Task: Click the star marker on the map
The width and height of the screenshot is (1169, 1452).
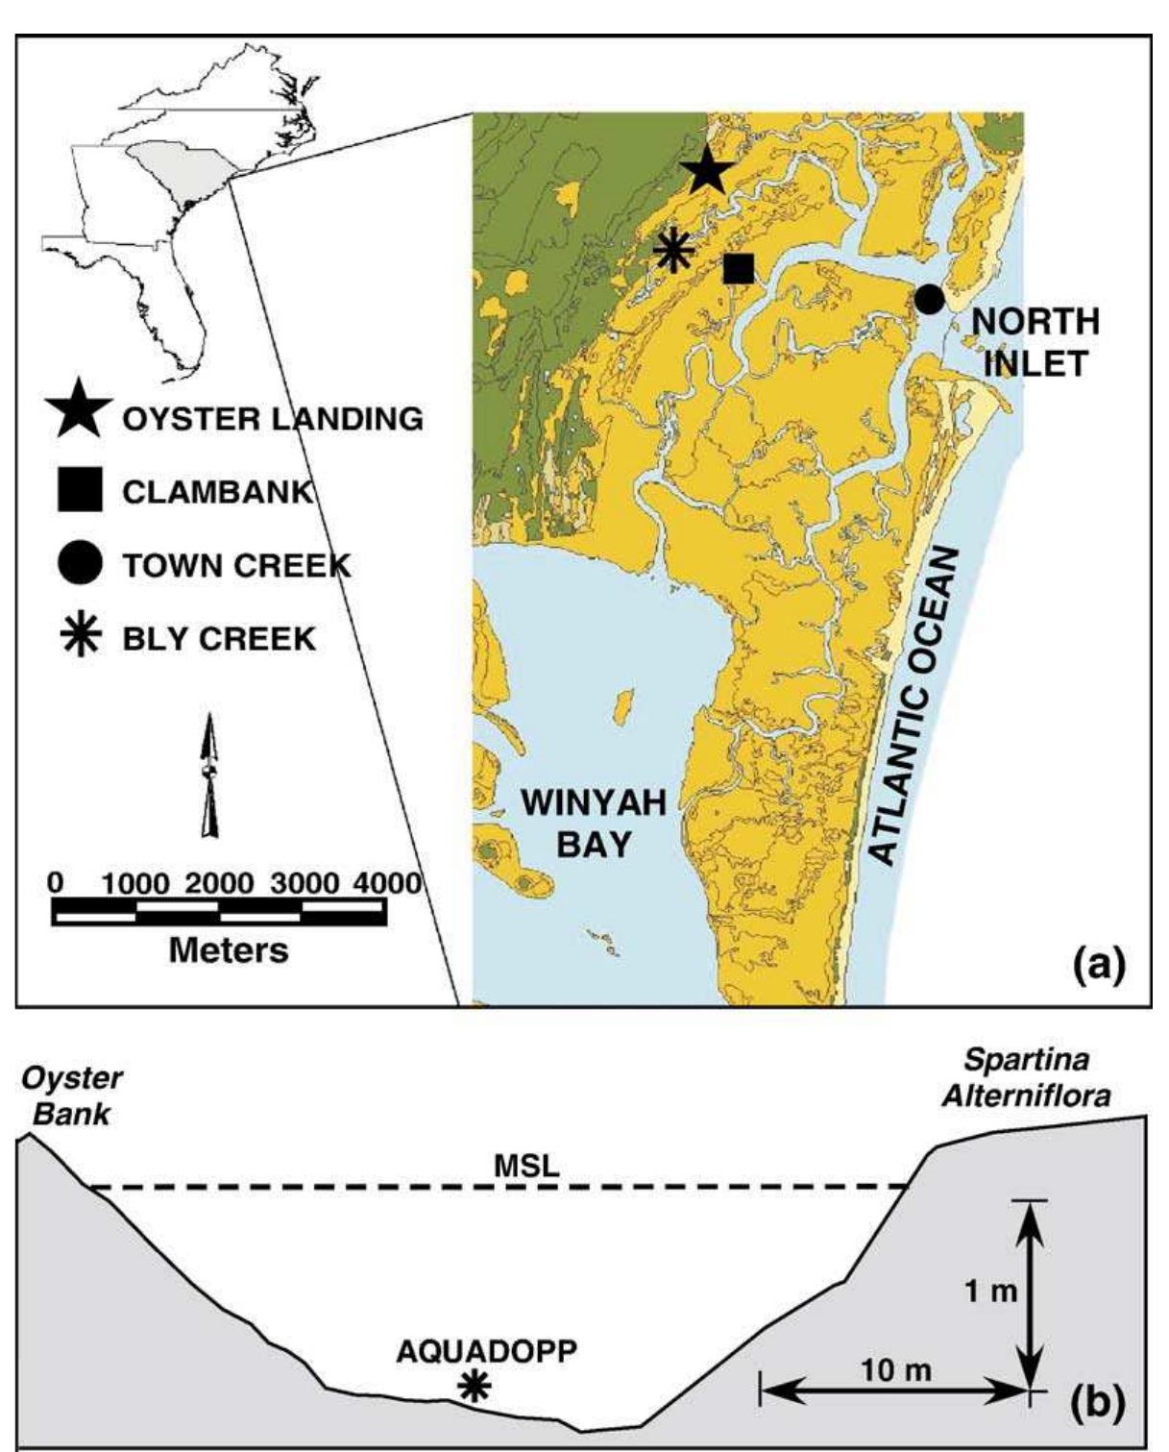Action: (707, 170)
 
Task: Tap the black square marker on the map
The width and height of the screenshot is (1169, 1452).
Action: (738, 268)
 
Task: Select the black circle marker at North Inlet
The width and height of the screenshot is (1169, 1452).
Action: (928, 299)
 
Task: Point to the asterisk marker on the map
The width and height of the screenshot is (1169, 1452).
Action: (673, 251)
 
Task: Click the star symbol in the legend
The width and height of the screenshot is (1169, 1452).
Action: (79, 416)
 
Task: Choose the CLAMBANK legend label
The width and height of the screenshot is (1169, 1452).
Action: (218, 492)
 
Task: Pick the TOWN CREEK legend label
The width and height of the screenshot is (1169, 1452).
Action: (236, 565)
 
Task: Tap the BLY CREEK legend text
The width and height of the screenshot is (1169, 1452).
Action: (219, 639)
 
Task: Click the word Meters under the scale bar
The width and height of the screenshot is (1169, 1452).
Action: (228, 949)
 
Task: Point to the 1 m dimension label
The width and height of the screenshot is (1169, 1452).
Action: (990, 1291)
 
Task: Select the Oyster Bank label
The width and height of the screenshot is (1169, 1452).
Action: (72, 1095)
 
